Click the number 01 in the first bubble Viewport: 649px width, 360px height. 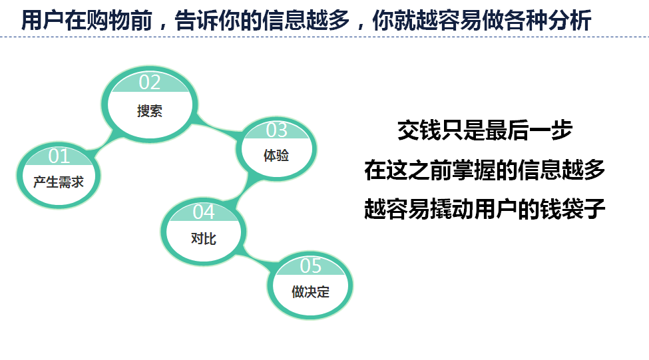pyautogui.click(x=59, y=156)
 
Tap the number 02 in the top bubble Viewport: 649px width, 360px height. pyautogui.click(x=149, y=83)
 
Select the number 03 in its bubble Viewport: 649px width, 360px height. pyautogui.click(x=276, y=130)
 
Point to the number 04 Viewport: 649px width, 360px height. pyautogui.click(x=204, y=212)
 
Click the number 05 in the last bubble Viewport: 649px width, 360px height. pyautogui.click(x=310, y=266)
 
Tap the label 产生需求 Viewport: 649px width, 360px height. pyautogui.click(x=59, y=182)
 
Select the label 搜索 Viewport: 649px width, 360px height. pyautogui.click(x=149, y=111)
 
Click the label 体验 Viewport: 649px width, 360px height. pyautogui.click(x=276, y=156)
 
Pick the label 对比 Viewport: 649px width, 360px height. pyautogui.click(x=203, y=239)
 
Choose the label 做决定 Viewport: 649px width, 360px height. pyautogui.click(x=310, y=292)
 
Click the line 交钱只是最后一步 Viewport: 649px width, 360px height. pyautogui.click(x=485, y=130)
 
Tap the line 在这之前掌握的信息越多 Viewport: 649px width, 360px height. pyautogui.click(x=485, y=170)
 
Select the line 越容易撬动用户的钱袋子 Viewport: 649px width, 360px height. pyautogui.click(x=485, y=208)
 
